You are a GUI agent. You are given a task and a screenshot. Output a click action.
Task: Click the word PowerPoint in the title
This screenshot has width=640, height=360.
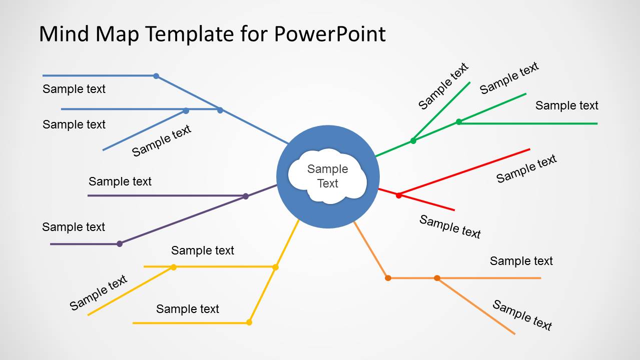[330, 34]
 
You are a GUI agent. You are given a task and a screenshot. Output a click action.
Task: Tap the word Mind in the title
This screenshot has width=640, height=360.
[64, 34]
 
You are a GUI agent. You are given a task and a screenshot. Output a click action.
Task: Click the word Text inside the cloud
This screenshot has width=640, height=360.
[328, 183]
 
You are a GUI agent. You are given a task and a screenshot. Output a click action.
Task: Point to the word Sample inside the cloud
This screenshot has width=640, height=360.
[328, 169]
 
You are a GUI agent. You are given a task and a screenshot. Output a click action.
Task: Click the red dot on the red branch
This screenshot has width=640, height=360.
[399, 195]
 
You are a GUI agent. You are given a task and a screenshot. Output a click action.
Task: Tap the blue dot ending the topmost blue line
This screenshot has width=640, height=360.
[156, 76]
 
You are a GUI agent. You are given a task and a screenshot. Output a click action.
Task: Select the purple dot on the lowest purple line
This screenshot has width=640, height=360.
[120, 244]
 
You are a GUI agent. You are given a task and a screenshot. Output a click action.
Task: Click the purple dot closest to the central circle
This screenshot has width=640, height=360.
[246, 196]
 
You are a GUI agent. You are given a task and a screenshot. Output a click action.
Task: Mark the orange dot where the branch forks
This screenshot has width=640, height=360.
[437, 278]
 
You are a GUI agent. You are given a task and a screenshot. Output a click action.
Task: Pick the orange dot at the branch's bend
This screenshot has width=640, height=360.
[388, 278]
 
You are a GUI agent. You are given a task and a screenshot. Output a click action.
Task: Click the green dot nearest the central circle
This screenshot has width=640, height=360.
[413, 140]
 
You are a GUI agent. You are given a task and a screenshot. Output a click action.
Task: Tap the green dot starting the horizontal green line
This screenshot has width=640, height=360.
[459, 122]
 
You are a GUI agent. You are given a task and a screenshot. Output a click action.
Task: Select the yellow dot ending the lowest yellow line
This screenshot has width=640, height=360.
[249, 322]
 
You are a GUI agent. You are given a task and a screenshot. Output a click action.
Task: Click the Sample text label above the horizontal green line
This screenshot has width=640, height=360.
[566, 105]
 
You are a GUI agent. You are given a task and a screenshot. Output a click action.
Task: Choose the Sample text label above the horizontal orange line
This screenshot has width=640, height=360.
[521, 261]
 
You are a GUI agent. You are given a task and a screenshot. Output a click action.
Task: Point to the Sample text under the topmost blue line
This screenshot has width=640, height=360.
[74, 89]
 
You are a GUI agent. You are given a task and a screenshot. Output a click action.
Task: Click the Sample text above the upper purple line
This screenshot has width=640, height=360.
[120, 181]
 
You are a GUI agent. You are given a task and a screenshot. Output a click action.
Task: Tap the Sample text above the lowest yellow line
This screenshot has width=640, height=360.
[188, 309]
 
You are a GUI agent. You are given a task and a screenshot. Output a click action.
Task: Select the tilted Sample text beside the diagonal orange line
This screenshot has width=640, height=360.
[522, 315]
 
